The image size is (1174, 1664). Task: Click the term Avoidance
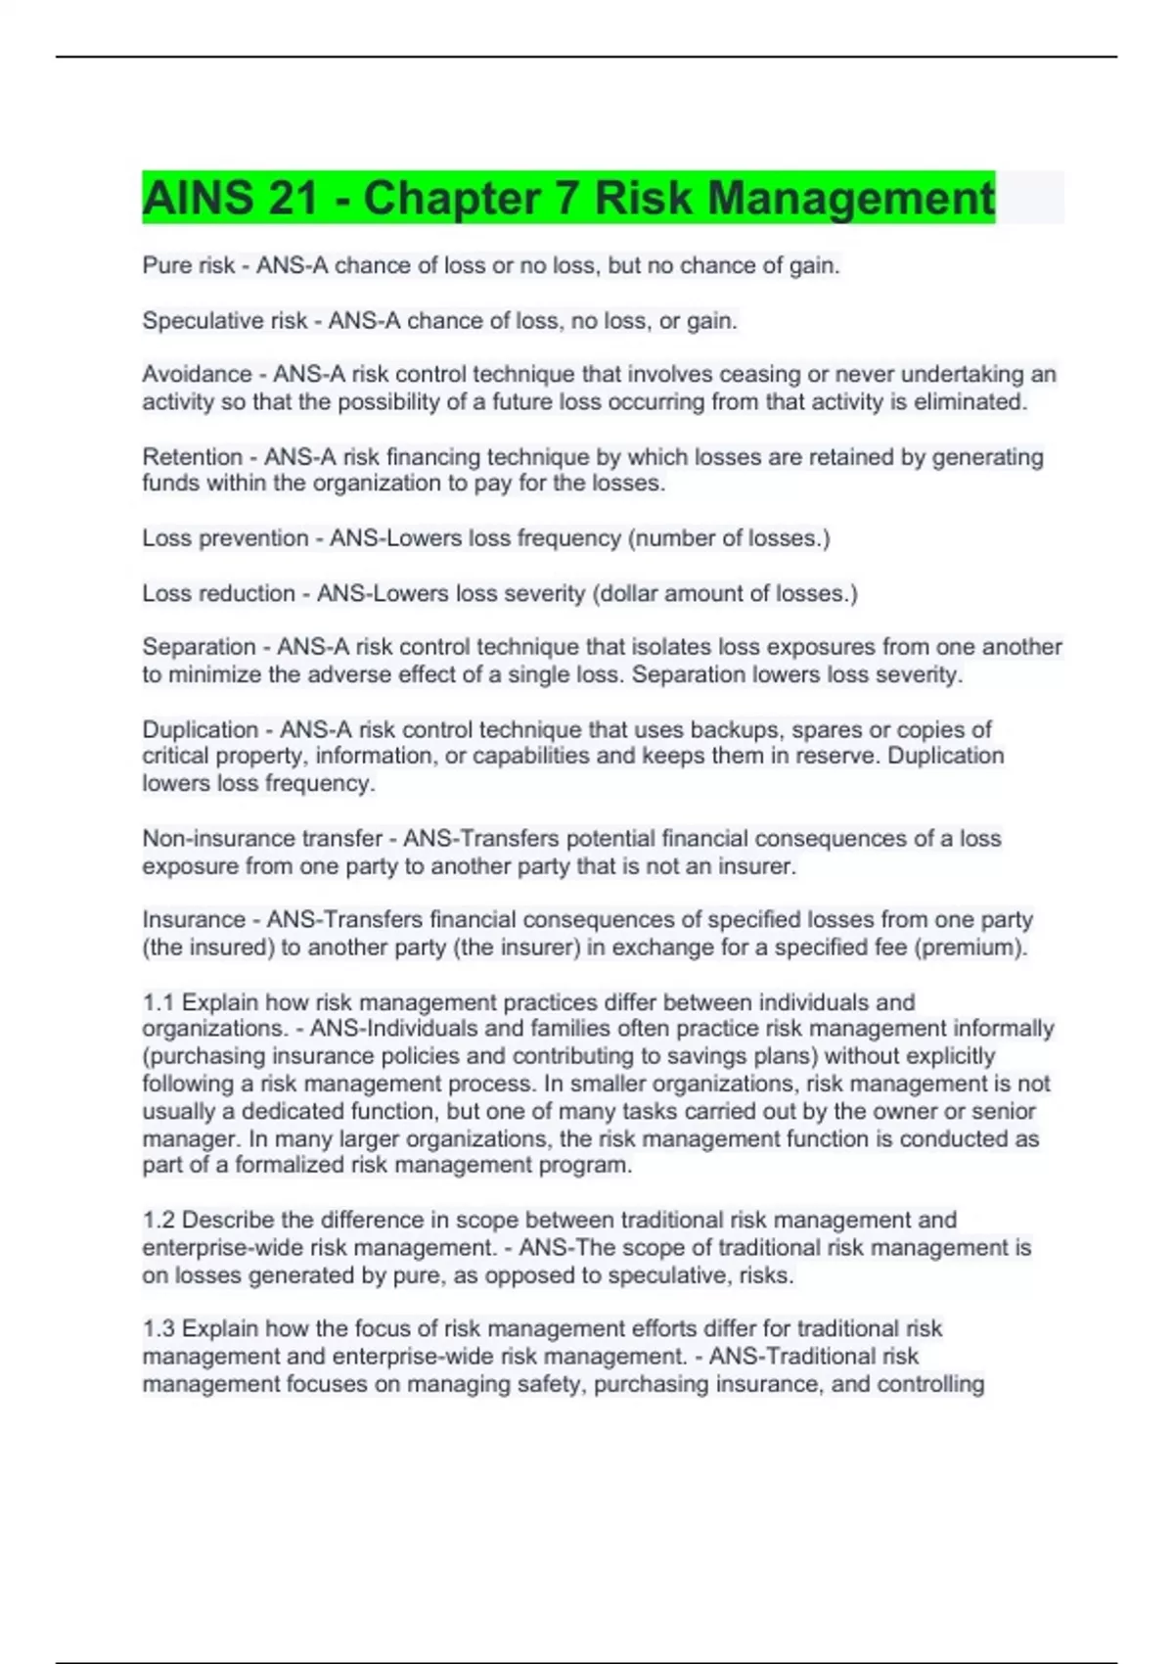pyautogui.click(x=197, y=375)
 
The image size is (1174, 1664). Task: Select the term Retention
pyautogui.click(x=192, y=457)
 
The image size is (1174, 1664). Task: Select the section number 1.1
pyautogui.click(x=158, y=1002)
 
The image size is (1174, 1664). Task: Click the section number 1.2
pyautogui.click(x=158, y=1221)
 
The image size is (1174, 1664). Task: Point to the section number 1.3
pyautogui.click(x=158, y=1329)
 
